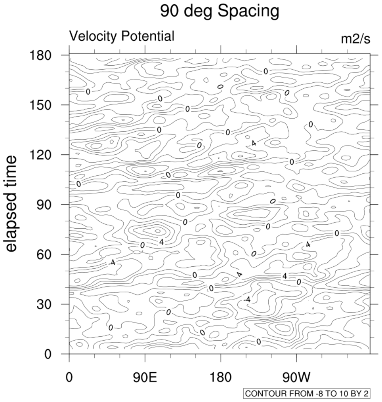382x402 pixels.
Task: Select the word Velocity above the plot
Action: [x=94, y=36]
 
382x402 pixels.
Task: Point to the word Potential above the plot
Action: [x=148, y=36]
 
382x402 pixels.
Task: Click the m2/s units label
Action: [x=355, y=39]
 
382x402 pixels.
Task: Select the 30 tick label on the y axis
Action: [x=46, y=304]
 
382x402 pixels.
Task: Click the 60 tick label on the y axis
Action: [x=46, y=254]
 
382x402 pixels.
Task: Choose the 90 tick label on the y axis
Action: [x=46, y=205]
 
